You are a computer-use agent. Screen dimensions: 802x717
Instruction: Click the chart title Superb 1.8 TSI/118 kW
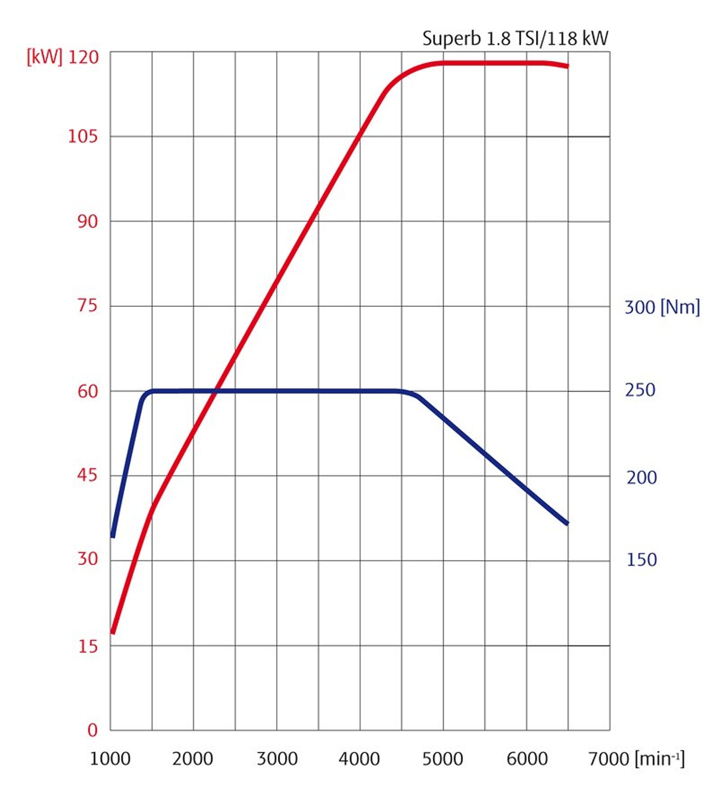coord(515,38)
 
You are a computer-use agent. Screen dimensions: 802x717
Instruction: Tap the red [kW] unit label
coord(45,57)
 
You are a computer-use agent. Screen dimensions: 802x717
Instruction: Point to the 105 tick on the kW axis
coord(83,136)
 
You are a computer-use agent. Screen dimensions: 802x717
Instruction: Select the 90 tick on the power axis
coord(88,221)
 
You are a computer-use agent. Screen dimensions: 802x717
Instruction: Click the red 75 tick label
coord(88,305)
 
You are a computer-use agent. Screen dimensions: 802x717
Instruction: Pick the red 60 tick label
coord(88,391)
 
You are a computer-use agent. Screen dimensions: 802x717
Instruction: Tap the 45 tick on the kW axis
coord(88,475)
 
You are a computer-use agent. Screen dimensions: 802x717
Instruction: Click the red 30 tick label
coord(88,559)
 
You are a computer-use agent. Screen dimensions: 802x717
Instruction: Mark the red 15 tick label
coord(88,646)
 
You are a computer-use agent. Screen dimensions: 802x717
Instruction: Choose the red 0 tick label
coord(92,730)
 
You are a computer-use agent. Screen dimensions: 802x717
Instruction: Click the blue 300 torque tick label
coord(640,307)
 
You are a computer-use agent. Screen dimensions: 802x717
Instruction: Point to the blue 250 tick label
coord(640,390)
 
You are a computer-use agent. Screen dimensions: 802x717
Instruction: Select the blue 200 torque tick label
coord(641,477)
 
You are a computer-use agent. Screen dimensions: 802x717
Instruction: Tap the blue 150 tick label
coord(641,559)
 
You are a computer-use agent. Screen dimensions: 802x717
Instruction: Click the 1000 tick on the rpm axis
coord(110,759)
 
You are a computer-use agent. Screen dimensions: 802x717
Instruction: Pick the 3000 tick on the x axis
coord(277,759)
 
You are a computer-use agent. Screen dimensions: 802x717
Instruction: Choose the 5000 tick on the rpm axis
coord(442,759)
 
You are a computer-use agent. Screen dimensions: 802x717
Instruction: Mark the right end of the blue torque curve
coord(567,523)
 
